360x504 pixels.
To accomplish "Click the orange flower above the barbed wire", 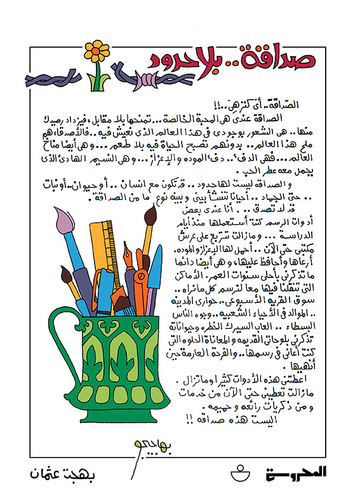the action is tap(97, 48).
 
